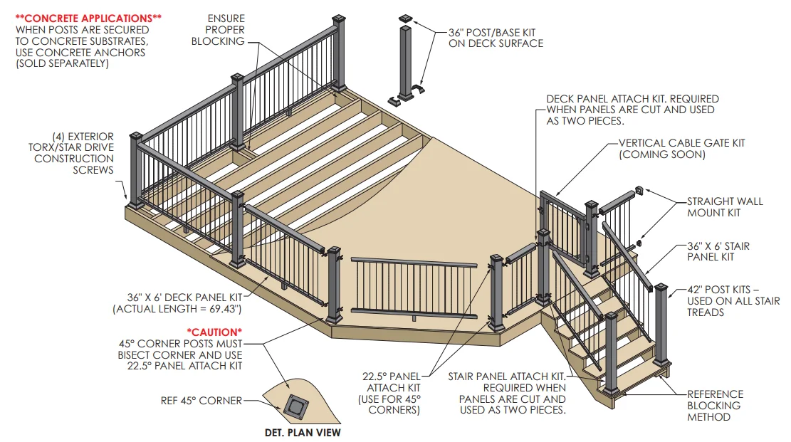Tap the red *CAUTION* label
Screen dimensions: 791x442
(x=214, y=332)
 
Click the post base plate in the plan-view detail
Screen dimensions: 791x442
(x=294, y=406)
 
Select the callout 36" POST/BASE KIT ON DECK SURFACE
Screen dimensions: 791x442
(x=496, y=38)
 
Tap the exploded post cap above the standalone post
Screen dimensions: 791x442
(x=406, y=16)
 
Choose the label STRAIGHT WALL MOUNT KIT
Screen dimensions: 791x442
(x=725, y=207)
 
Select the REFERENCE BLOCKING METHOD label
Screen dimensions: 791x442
(x=715, y=405)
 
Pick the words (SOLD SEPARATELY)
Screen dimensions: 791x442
(x=62, y=63)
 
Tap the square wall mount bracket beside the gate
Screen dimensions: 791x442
(x=639, y=191)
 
